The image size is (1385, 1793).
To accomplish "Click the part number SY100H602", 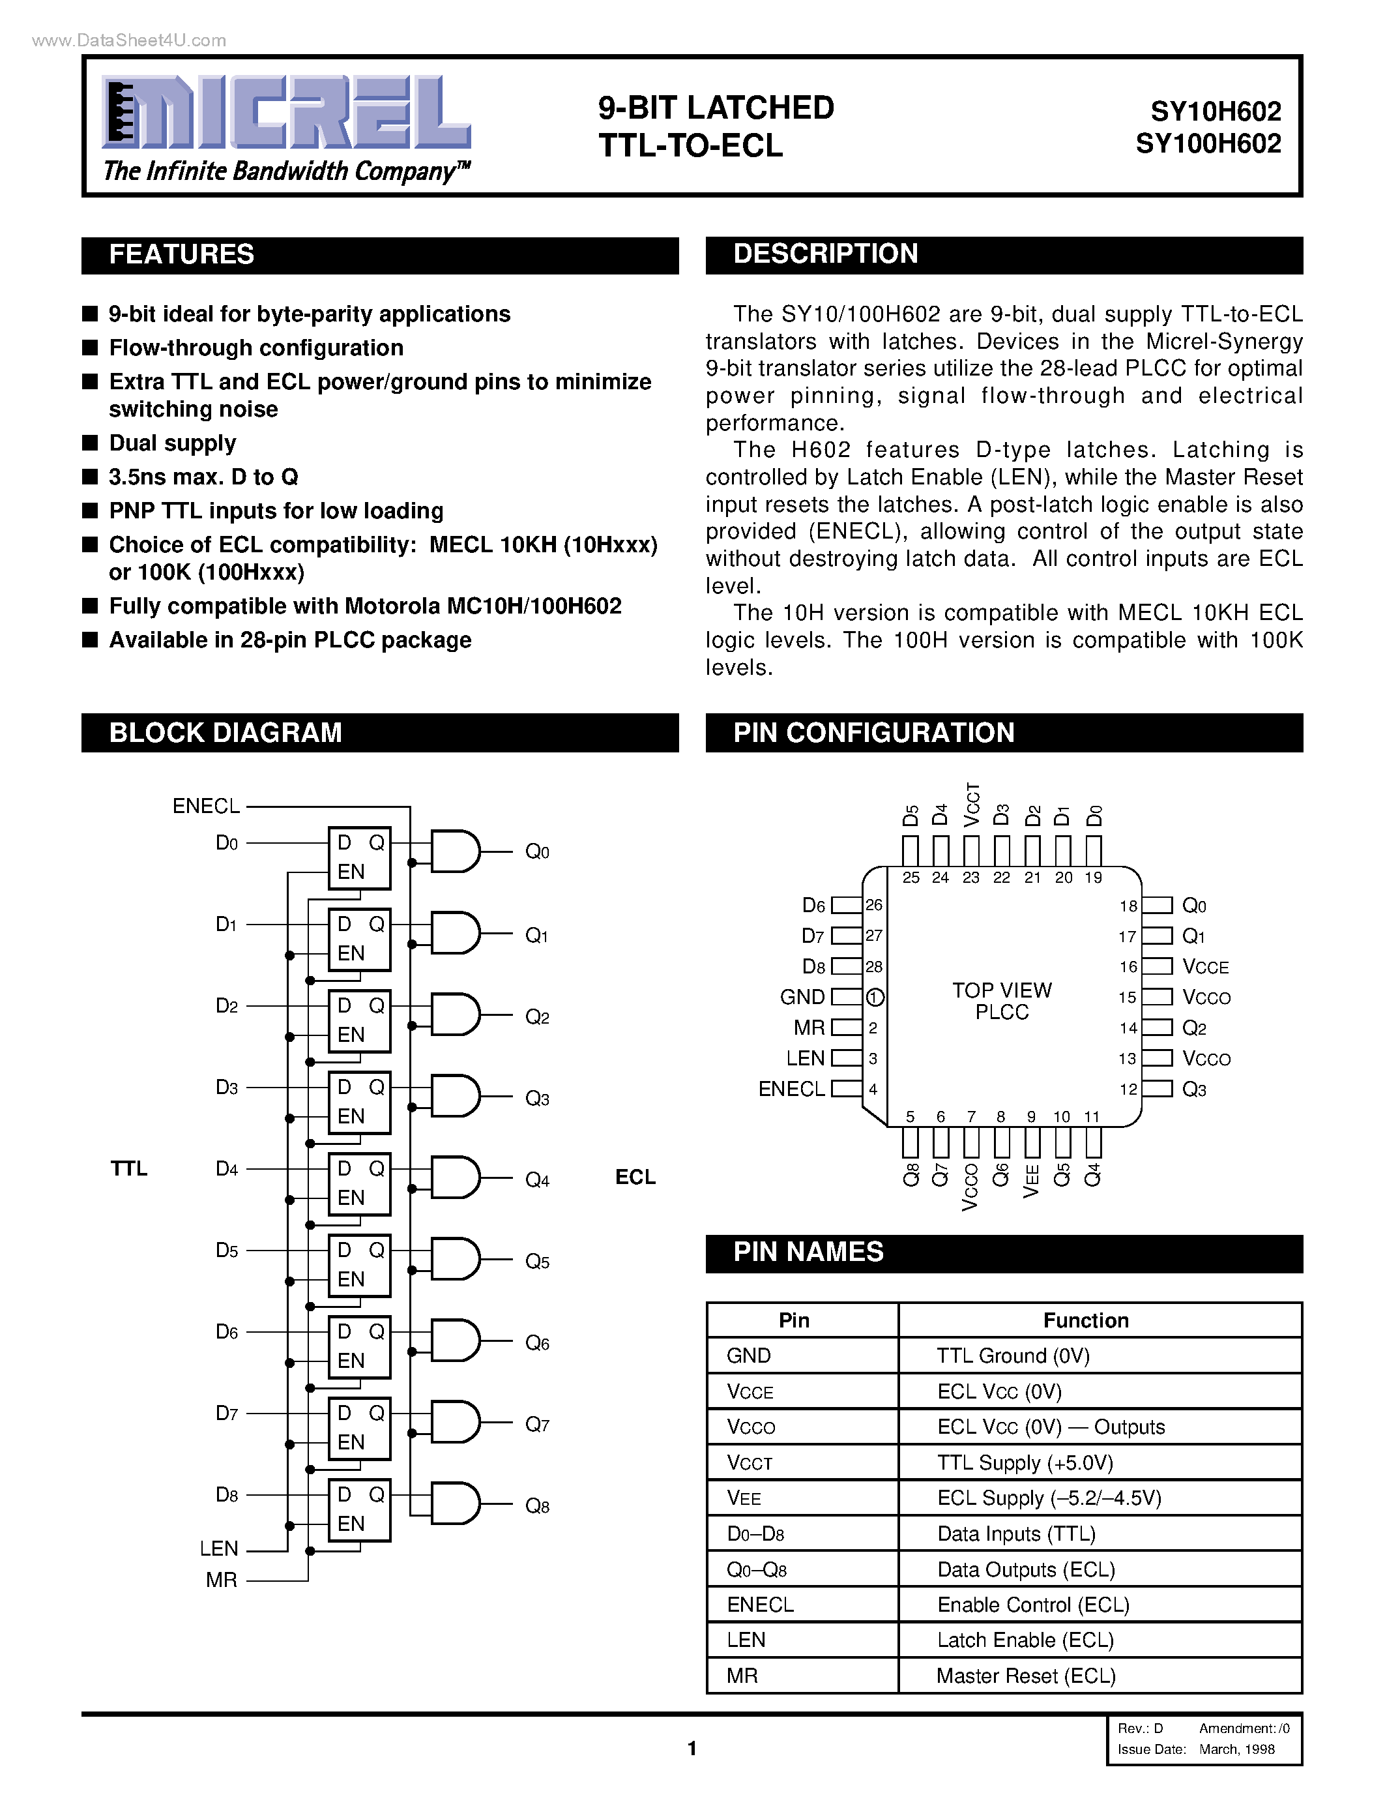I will click(1208, 143).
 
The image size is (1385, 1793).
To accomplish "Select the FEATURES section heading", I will click(181, 254).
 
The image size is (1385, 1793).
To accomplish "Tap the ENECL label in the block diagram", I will click(206, 806).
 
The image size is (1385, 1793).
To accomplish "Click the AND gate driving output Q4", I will click(454, 1178).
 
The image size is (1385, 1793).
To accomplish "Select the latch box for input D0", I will click(359, 858).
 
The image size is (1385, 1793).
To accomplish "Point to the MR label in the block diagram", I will click(222, 1580).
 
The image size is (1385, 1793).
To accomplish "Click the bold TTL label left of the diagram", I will click(129, 1168).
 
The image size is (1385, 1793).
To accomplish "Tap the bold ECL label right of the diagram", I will click(635, 1178).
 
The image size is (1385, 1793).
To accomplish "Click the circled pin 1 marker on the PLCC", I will click(875, 998).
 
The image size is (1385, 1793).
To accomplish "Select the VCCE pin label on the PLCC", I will click(1205, 967).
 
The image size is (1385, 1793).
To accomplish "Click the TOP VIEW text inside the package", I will click(1002, 991).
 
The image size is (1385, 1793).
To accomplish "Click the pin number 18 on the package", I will click(1128, 906).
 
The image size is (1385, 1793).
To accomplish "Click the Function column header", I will click(1086, 1320).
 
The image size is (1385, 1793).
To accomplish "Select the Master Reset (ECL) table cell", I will click(1026, 1676).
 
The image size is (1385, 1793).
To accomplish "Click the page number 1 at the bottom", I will click(692, 1748).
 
